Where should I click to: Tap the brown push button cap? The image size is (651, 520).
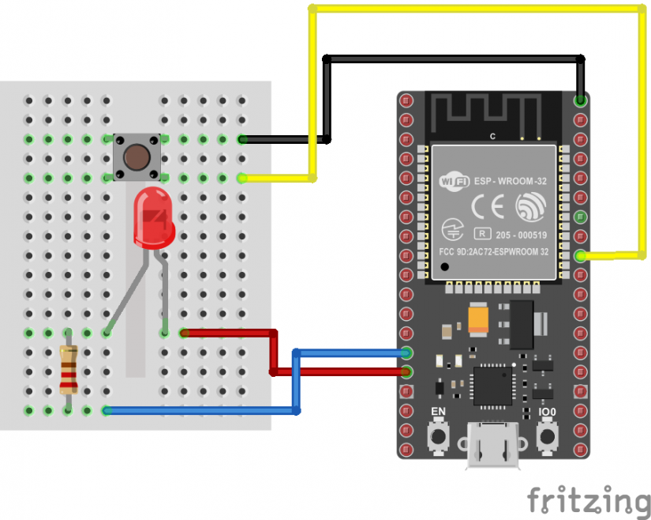click(x=137, y=156)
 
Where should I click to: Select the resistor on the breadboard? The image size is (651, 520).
click(x=69, y=370)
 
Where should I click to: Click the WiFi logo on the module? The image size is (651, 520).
click(x=454, y=182)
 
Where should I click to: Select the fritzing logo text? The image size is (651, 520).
click(x=589, y=501)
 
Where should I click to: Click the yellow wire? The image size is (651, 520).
click(x=473, y=9)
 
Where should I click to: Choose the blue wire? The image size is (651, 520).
click(x=197, y=410)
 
